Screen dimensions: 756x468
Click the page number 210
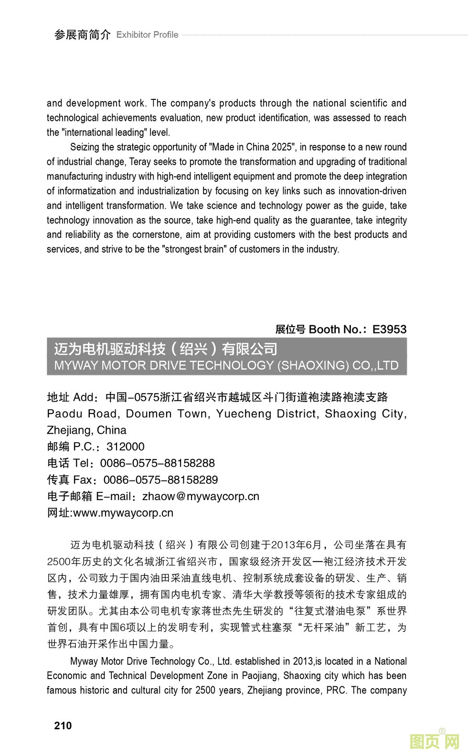63,725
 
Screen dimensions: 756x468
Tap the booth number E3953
389,329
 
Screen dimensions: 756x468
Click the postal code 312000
125,447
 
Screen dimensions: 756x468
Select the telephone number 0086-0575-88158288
157,463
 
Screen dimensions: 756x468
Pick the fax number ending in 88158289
160,479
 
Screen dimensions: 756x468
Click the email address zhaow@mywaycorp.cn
201,496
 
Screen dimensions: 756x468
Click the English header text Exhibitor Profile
147,35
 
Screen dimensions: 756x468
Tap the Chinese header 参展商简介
82,35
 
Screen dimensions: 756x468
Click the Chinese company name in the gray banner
165,349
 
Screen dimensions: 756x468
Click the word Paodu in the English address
65,414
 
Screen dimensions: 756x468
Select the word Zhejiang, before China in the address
70,430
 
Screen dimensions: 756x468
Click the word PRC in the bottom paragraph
336,690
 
